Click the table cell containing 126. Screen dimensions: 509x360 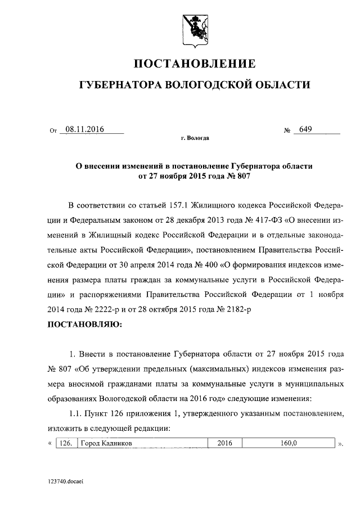[66, 443]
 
